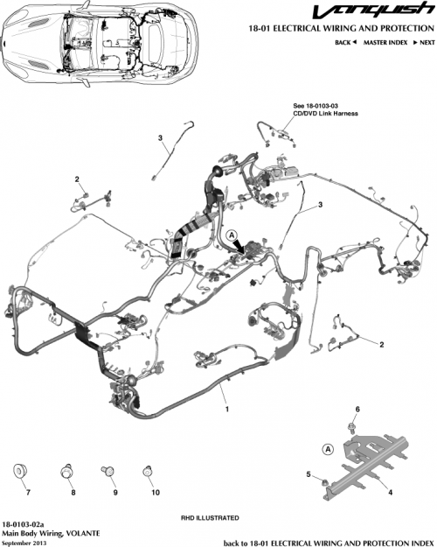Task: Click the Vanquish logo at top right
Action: point(383,11)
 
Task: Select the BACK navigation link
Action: point(348,42)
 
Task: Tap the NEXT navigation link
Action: point(423,42)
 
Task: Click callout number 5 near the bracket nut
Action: point(309,473)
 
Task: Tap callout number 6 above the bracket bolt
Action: point(357,410)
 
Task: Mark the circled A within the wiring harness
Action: point(232,236)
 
